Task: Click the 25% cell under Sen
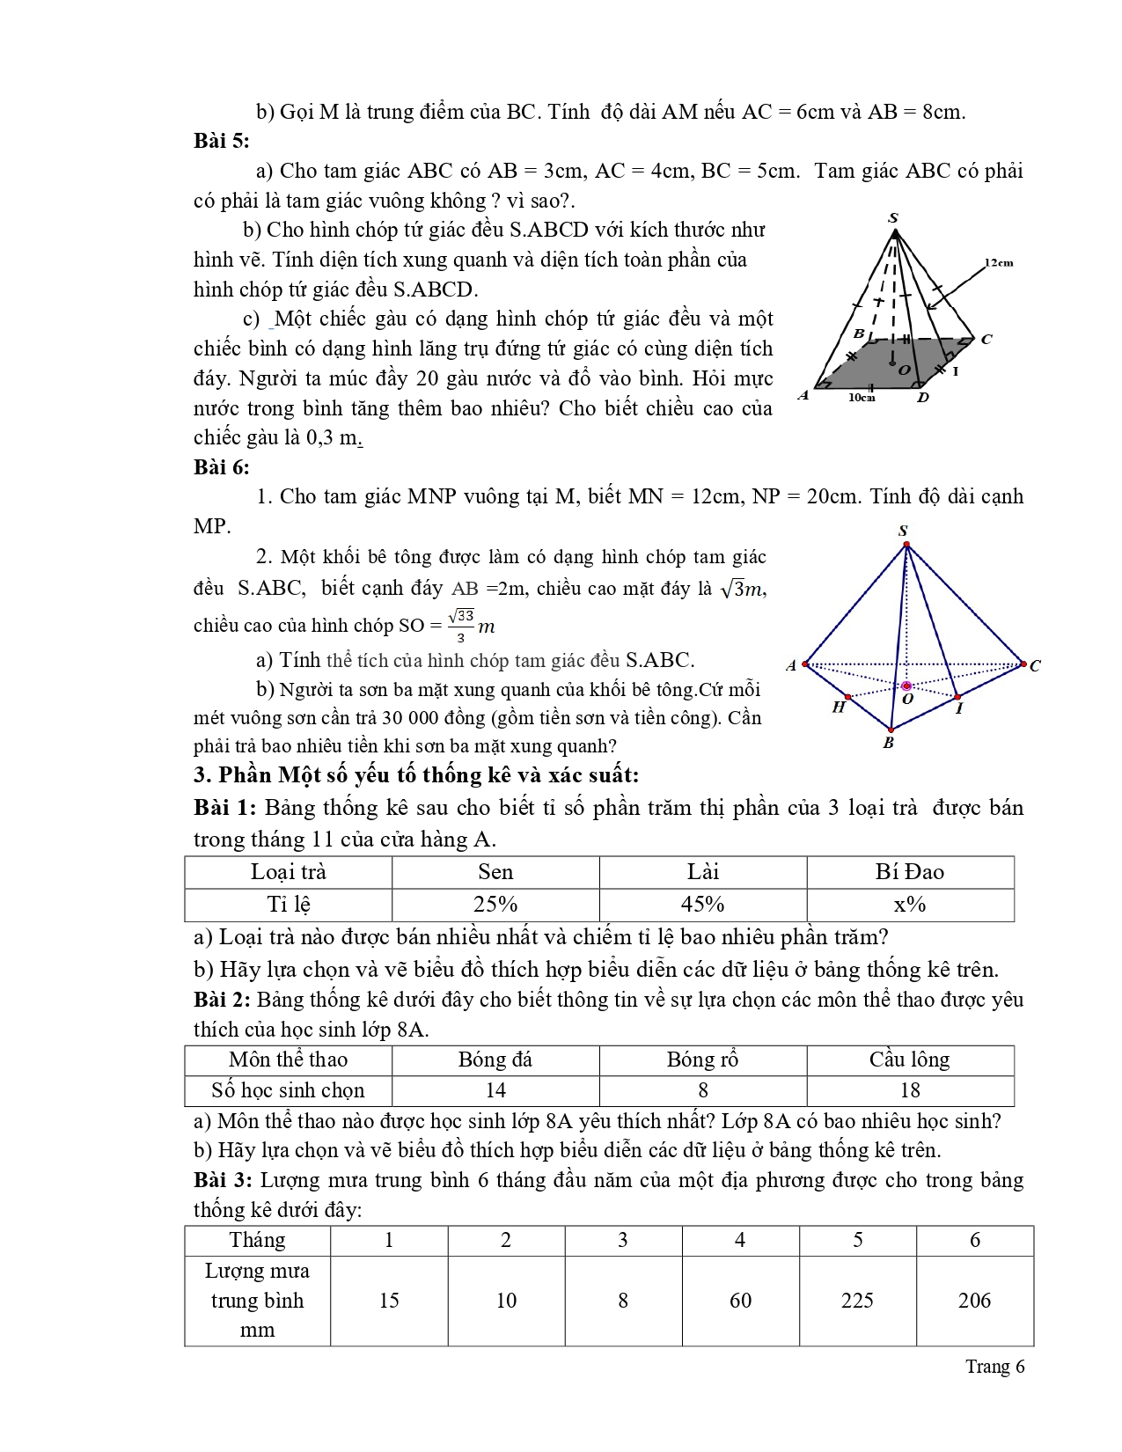click(x=495, y=905)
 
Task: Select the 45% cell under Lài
click(x=702, y=905)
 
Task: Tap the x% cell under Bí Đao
click(x=910, y=905)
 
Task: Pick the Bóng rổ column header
click(x=702, y=1060)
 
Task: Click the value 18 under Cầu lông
click(x=910, y=1090)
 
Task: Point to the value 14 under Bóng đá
click(x=495, y=1090)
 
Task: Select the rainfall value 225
click(x=857, y=1301)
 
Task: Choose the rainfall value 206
click(x=974, y=1301)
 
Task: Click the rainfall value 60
click(x=740, y=1301)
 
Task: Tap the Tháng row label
click(x=257, y=1240)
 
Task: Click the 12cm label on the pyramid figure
click(x=999, y=262)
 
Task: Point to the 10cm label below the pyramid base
click(x=862, y=398)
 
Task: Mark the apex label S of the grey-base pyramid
click(x=893, y=218)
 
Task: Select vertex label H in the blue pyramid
click(x=839, y=707)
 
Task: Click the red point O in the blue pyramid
click(x=906, y=686)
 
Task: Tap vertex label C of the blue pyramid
click(x=1035, y=666)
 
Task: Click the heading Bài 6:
click(x=222, y=467)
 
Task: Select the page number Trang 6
click(x=994, y=1367)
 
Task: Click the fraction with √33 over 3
click(x=461, y=625)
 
